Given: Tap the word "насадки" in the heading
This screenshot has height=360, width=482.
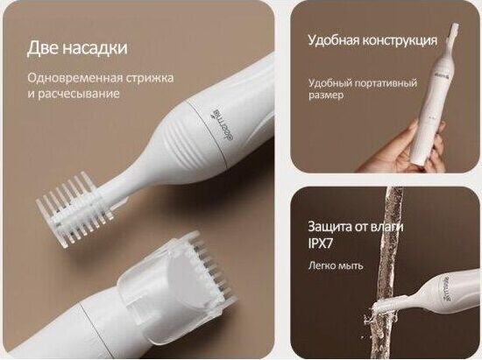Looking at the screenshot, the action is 96,48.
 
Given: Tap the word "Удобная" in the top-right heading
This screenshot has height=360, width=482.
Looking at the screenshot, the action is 332,40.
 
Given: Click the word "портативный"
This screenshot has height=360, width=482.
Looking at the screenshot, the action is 386,83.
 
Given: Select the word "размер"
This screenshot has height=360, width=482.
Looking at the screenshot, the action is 326,95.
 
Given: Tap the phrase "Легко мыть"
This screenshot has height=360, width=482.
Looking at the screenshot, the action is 336,265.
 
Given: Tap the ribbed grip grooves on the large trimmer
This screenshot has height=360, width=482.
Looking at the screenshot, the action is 184,140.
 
